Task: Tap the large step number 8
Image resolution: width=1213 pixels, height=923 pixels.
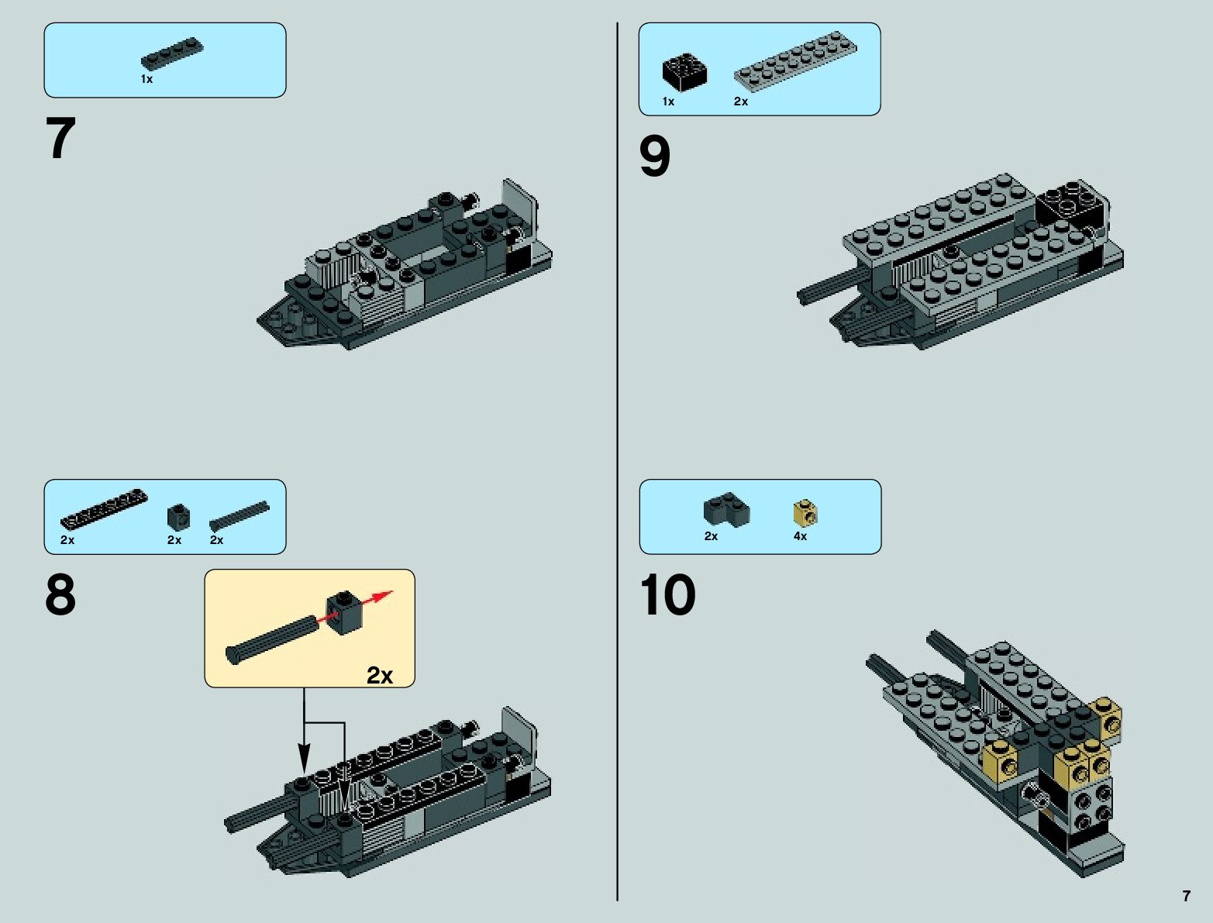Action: (60, 594)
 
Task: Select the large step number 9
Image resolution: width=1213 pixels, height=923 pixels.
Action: (655, 157)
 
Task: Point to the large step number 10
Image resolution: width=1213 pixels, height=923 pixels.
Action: (667, 594)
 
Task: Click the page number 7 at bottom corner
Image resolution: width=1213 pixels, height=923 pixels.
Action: (1186, 896)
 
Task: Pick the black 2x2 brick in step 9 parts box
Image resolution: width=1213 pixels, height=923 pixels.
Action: (684, 72)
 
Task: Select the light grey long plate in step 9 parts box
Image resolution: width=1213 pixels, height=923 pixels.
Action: (796, 61)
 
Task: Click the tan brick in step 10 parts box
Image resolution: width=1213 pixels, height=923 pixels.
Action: (805, 512)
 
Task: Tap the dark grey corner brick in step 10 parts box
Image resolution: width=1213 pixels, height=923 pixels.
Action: (727, 508)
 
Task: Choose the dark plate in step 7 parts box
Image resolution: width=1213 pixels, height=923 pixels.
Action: (172, 53)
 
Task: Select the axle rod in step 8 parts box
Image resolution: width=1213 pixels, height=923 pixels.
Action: (239, 516)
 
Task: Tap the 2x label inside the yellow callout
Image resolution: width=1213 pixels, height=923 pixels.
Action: (380, 675)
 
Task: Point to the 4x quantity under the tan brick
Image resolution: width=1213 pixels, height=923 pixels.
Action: (800, 536)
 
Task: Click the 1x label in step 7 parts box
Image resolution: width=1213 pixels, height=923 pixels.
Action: (146, 80)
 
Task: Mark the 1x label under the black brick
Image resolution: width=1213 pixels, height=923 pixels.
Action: (669, 102)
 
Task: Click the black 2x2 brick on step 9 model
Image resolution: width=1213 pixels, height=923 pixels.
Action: (1071, 205)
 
